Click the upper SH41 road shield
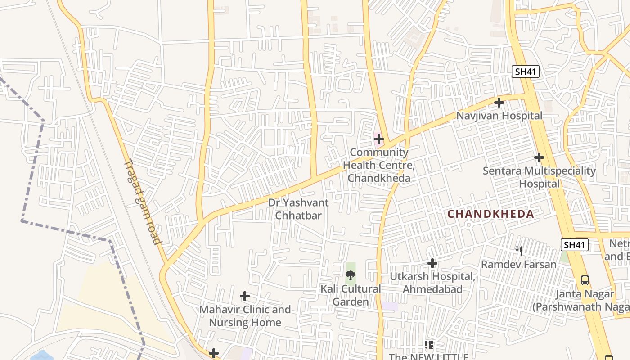[x=525, y=71]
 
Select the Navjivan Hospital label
[x=499, y=116]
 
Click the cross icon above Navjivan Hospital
[x=499, y=103]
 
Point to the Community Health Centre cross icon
[x=379, y=139]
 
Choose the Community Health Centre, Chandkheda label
[x=379, y=165]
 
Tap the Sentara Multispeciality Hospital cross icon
[x=539, y=157]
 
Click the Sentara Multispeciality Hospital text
[x=539, y=177]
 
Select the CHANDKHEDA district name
[x=491, y=214]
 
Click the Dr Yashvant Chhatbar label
[x=298, y=209]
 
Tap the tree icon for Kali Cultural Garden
[x=351, y=275]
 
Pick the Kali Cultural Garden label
[x=351, y=295]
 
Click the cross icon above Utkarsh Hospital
[x=432, y=263]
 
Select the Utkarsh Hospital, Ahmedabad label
[x=432, y=283]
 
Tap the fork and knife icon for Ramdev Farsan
[x=519, y=251]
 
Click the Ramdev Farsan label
[x=519, y=264]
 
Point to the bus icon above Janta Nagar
[x=585, y=280]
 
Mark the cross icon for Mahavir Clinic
[x=245, y=296]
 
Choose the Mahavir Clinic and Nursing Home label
[x=245, y=316]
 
